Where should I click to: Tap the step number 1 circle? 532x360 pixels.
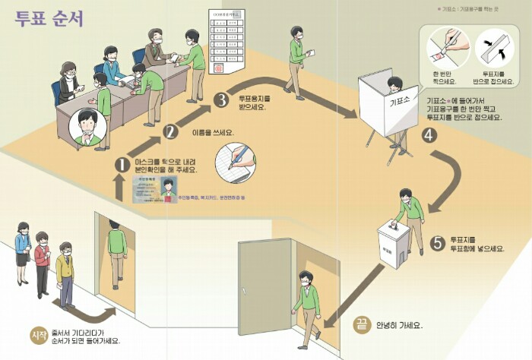(x=121, y=163)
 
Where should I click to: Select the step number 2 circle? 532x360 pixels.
(x=170, y=131)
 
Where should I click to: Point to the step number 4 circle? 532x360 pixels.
(x=429, y=136)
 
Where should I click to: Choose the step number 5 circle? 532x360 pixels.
(x=436, y=243)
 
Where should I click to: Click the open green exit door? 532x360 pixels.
(x=265, y=297)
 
